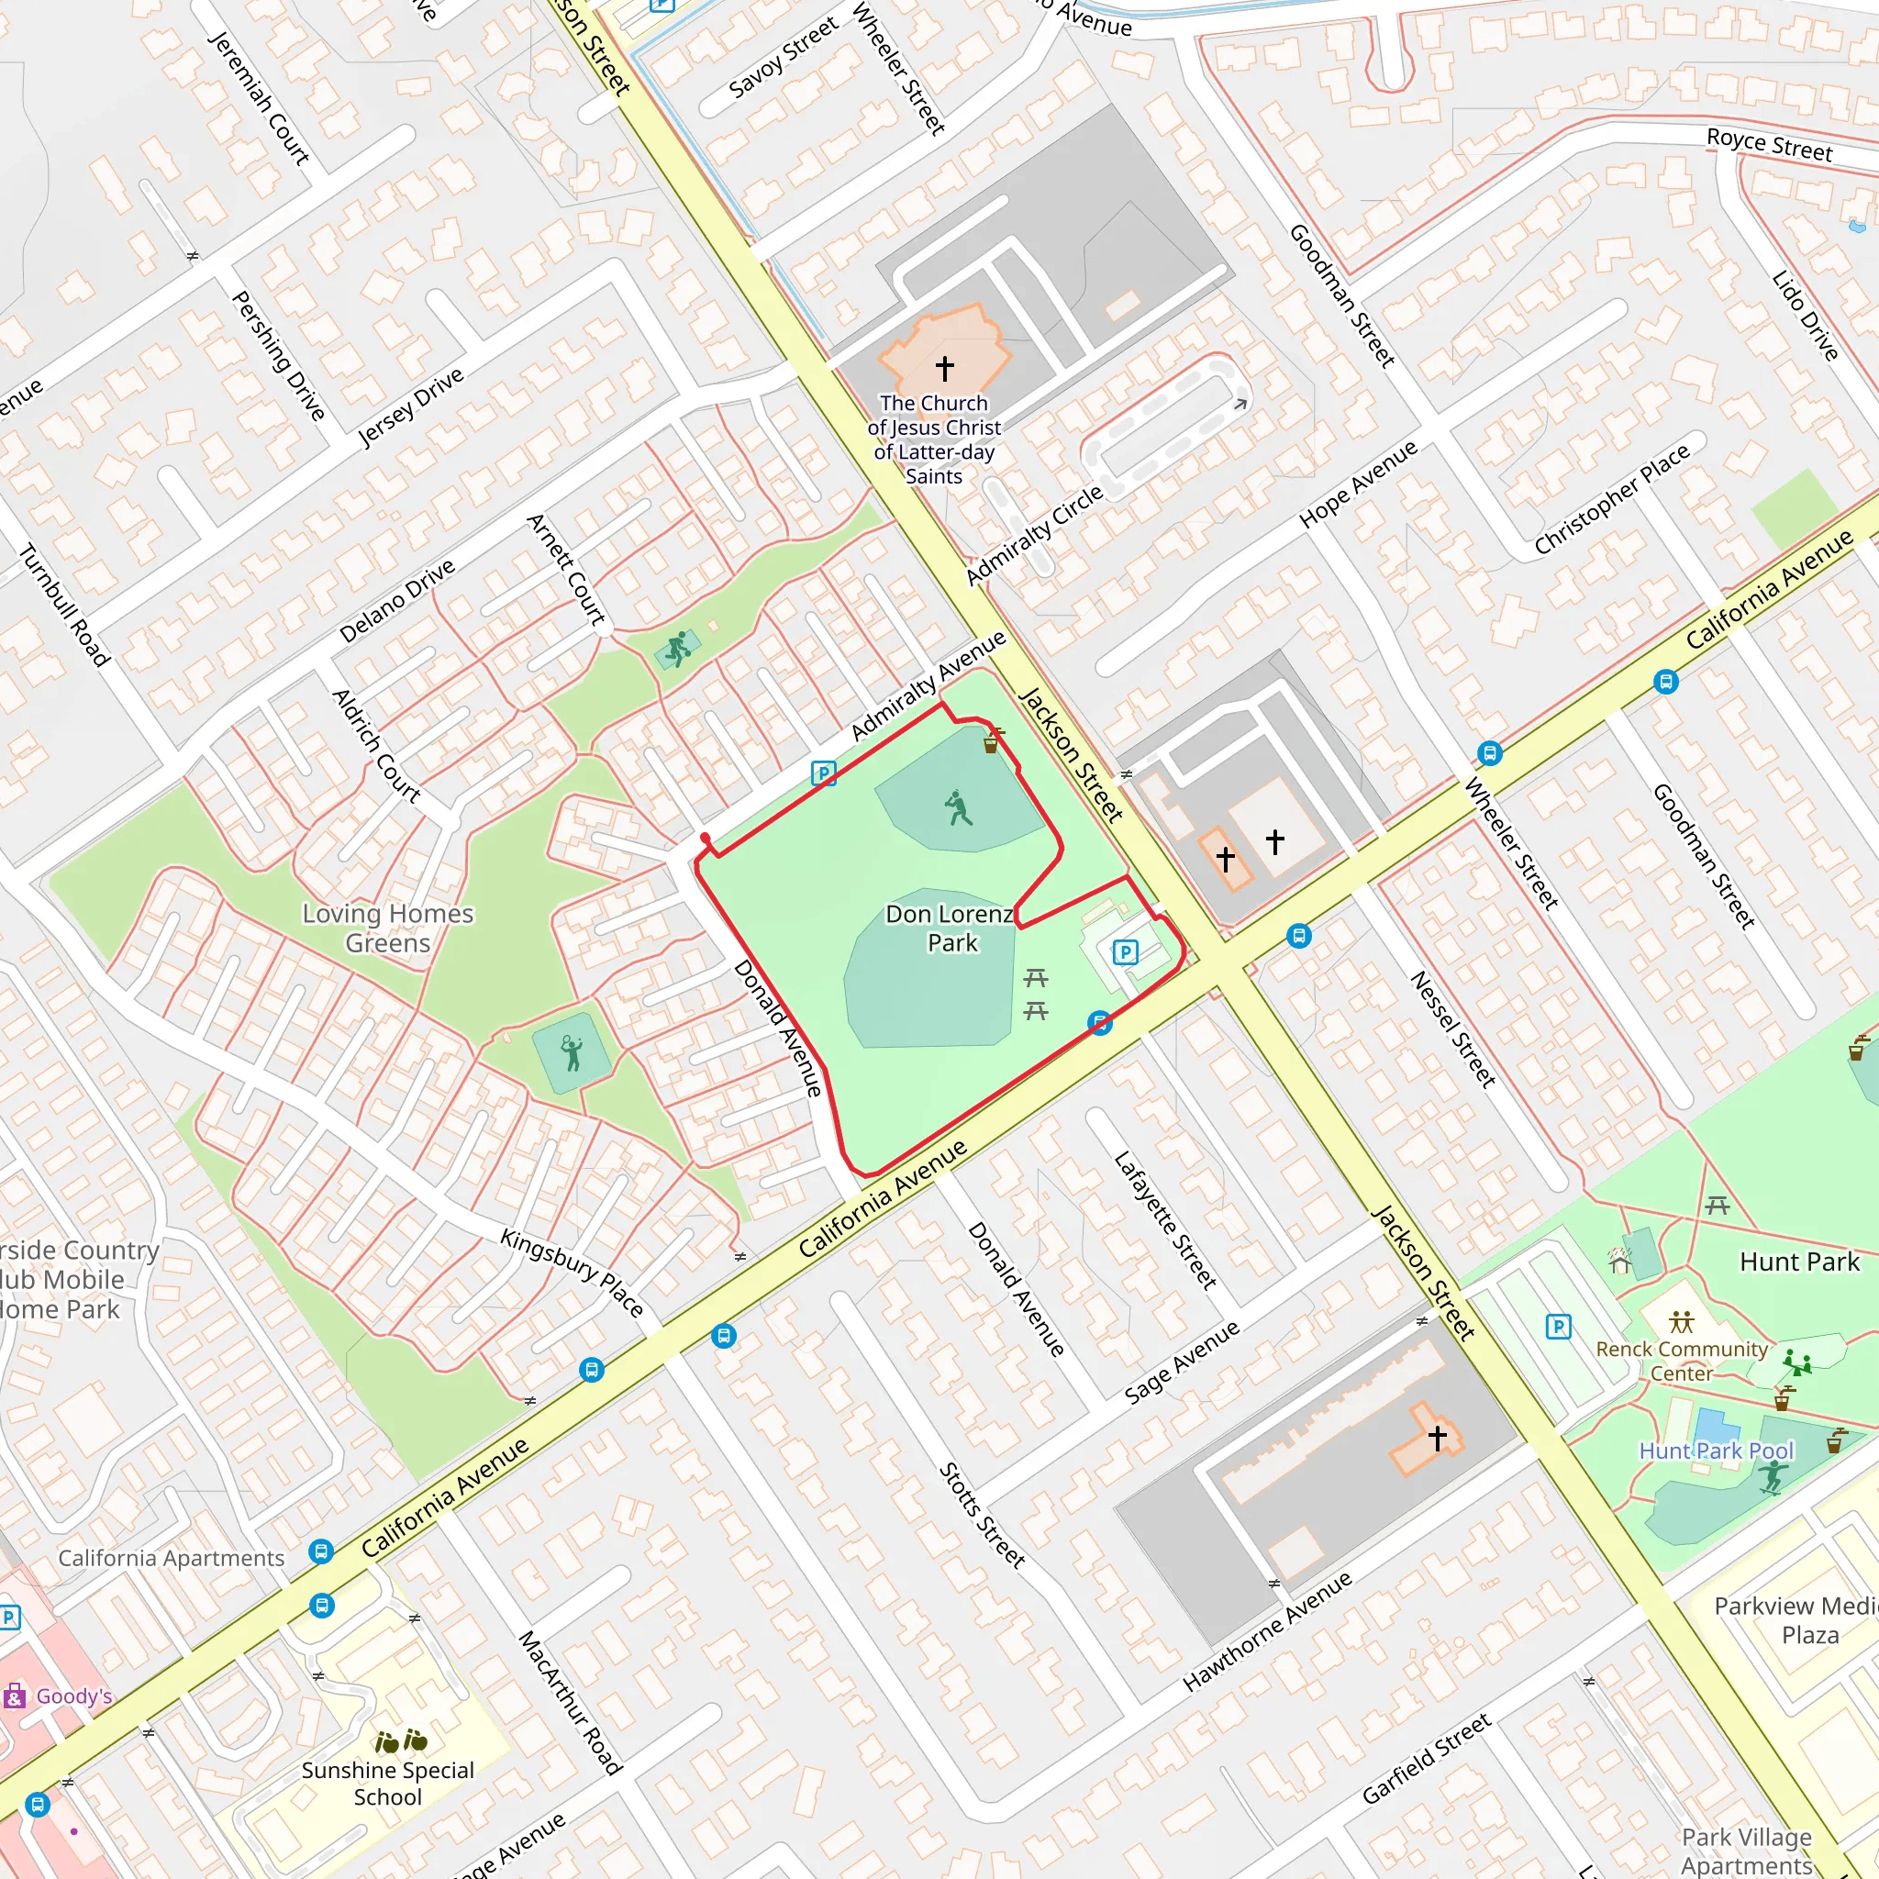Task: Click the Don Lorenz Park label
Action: tap(951, 928)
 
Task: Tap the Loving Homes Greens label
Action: tap(387, 928)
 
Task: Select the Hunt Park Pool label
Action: tap(1716, 1451)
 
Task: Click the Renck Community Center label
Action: tap(1681, 1361)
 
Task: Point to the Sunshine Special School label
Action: tap(387, 1783)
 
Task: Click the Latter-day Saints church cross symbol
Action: tap(944, 369)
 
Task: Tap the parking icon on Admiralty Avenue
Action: tap(823, 773)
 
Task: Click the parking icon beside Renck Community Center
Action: tap(1558, 1326)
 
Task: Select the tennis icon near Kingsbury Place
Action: tap(572, 1052)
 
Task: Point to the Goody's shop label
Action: tap(74, 1696)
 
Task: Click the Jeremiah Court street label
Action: tap(259, 97)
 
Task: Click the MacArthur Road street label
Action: tap(570, 1702)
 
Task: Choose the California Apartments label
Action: tap(172, 1558)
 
